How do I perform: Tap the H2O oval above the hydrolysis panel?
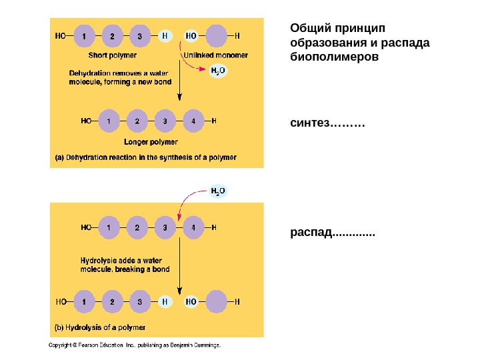point(218,191)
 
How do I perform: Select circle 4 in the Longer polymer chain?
point(192,121)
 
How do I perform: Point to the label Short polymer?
point(113,55)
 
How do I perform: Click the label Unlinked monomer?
point(215,55)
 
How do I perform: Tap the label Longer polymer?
point(151,142)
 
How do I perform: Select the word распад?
point(311,233)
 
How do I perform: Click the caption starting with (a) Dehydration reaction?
point(145,157)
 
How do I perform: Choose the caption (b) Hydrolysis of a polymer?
point(99,327)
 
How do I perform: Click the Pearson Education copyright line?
point(135,345)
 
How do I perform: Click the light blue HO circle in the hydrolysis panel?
point(191,301)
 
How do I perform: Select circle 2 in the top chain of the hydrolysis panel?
point(137,227)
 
